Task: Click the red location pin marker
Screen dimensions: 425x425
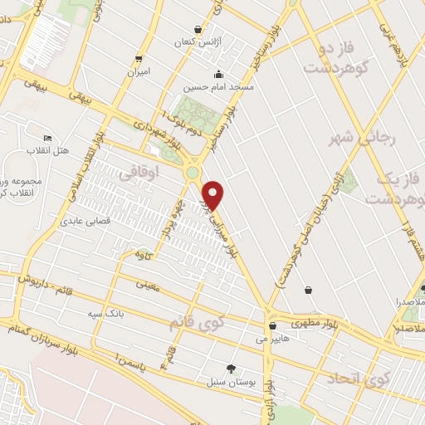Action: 213,195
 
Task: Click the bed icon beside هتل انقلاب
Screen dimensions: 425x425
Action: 46,139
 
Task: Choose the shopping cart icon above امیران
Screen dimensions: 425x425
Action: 139,58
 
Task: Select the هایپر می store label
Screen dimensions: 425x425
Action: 272,338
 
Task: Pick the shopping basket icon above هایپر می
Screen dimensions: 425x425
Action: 272,326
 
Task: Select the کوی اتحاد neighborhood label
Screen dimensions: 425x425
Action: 358,379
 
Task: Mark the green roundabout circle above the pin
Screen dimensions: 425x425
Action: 193,173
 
